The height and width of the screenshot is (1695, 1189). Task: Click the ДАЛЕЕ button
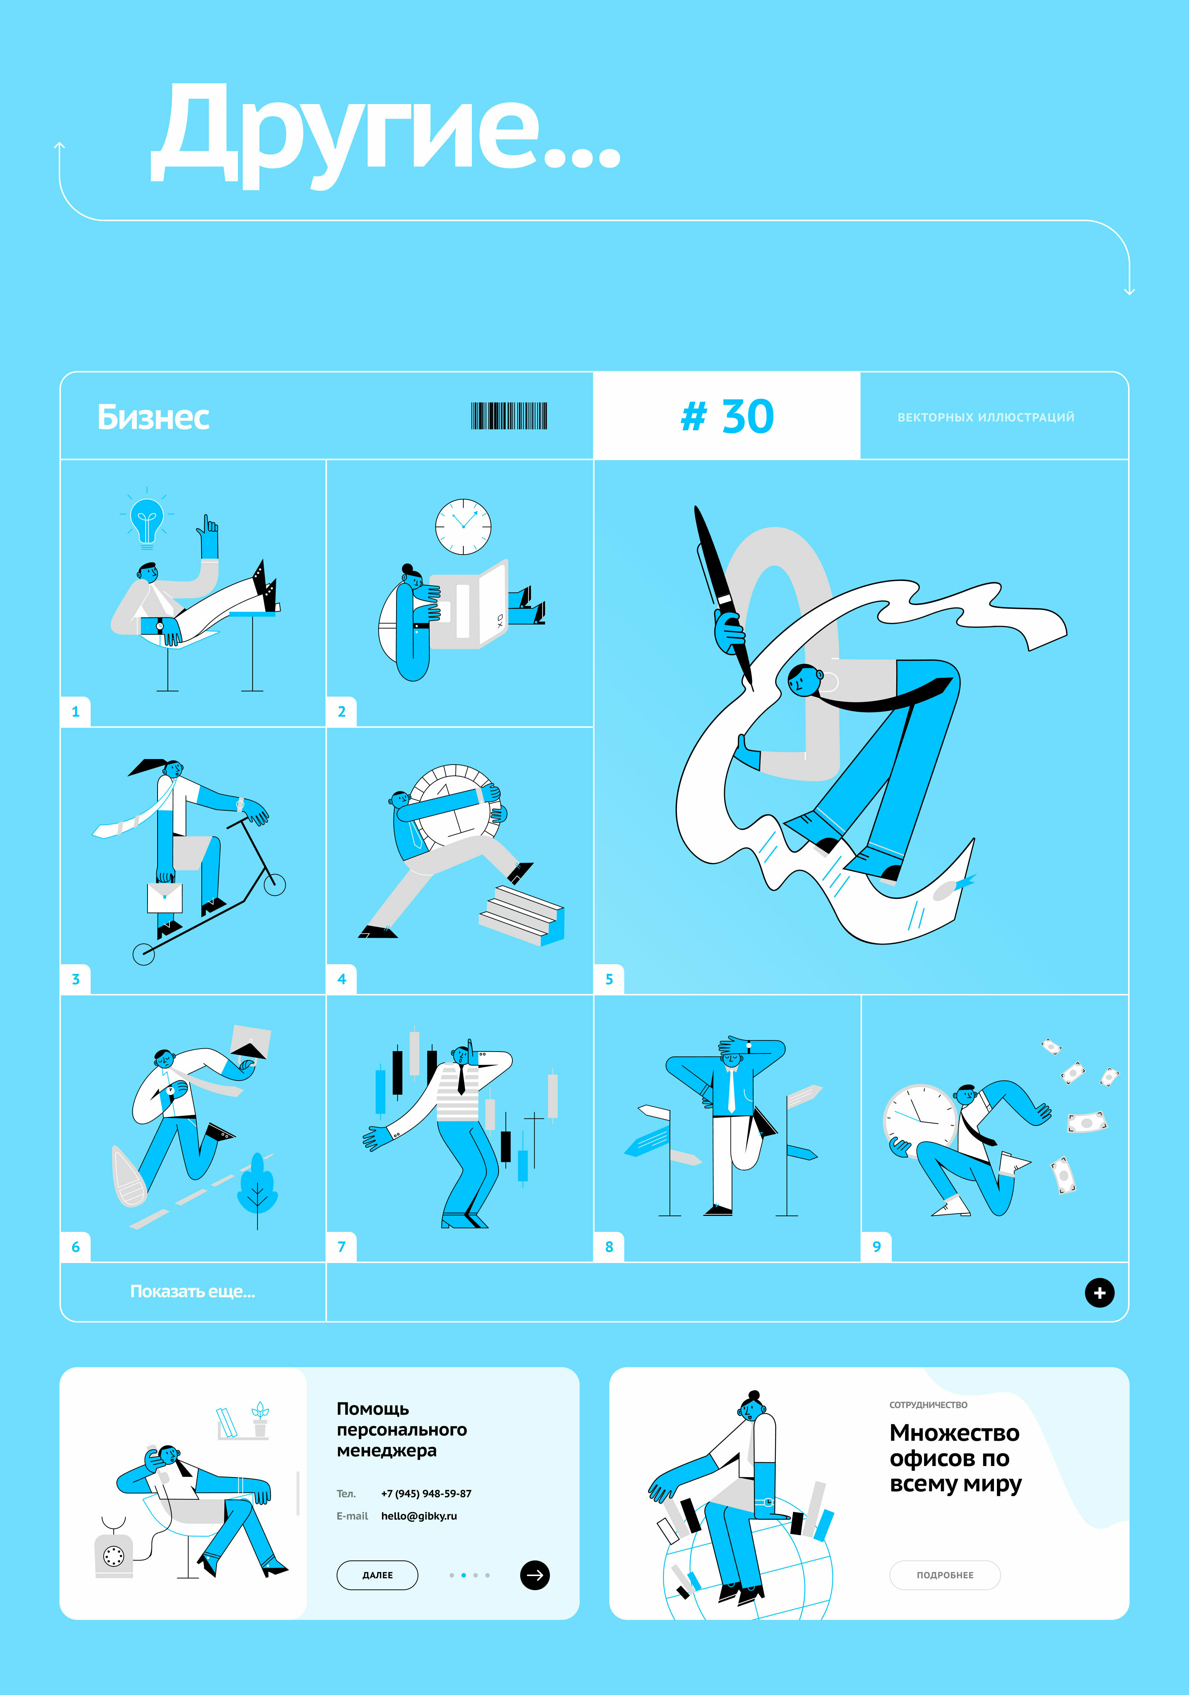point(377,1575)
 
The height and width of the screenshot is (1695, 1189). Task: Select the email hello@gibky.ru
point(418,1515)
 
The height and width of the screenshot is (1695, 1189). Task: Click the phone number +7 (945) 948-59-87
point(426,1494)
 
